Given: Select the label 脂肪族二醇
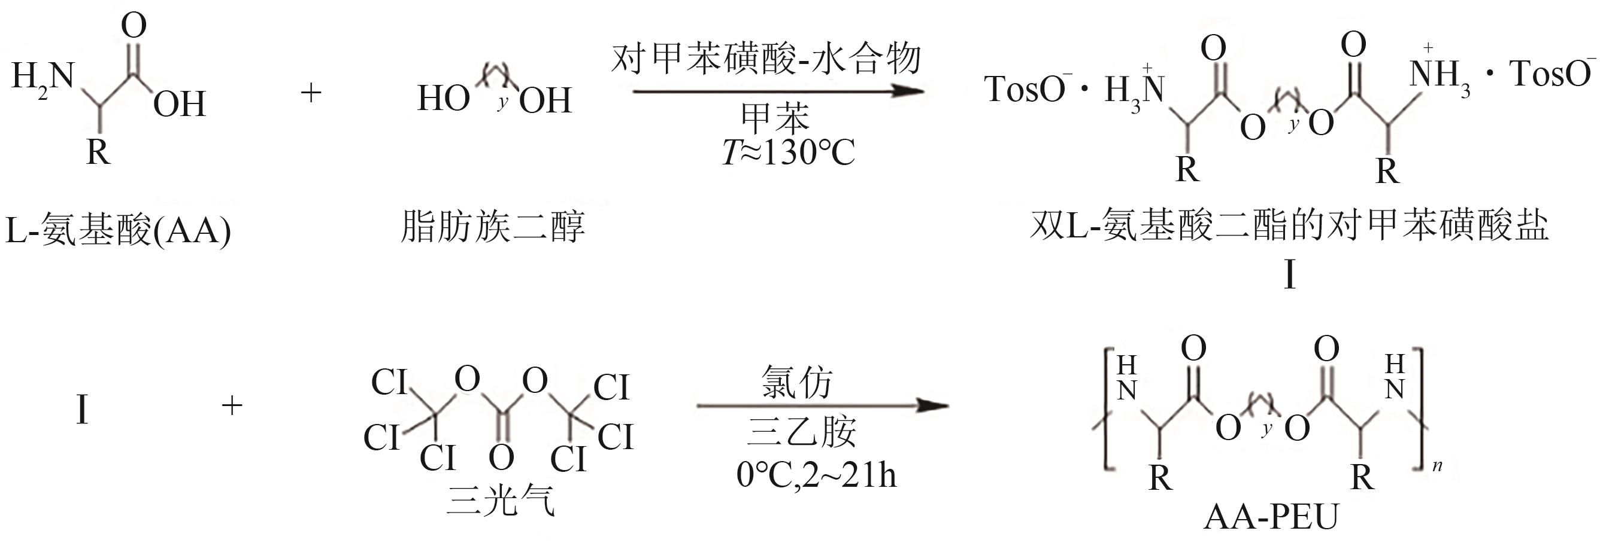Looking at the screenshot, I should pyautogui.click(x=493, y=227).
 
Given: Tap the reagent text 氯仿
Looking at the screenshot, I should pyautogui.click(x=796, y=381).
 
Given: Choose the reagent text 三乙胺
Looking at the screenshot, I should pyautogui.click(x=801, y=432).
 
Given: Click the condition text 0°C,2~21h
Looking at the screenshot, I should pyautogui.click(x=816, y=475).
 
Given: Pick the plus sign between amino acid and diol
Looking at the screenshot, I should pyautogui.click(x=311, y=93).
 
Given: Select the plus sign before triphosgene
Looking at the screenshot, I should pyautogui.click(x=232, y=406).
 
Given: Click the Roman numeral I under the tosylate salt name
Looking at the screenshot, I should pyautogui.click(x=1289, y=274).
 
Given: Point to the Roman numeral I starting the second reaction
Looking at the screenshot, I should pyautogui.click(x=82, y=410).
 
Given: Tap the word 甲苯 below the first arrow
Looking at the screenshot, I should pyautogui.click(x=776, y=118).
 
